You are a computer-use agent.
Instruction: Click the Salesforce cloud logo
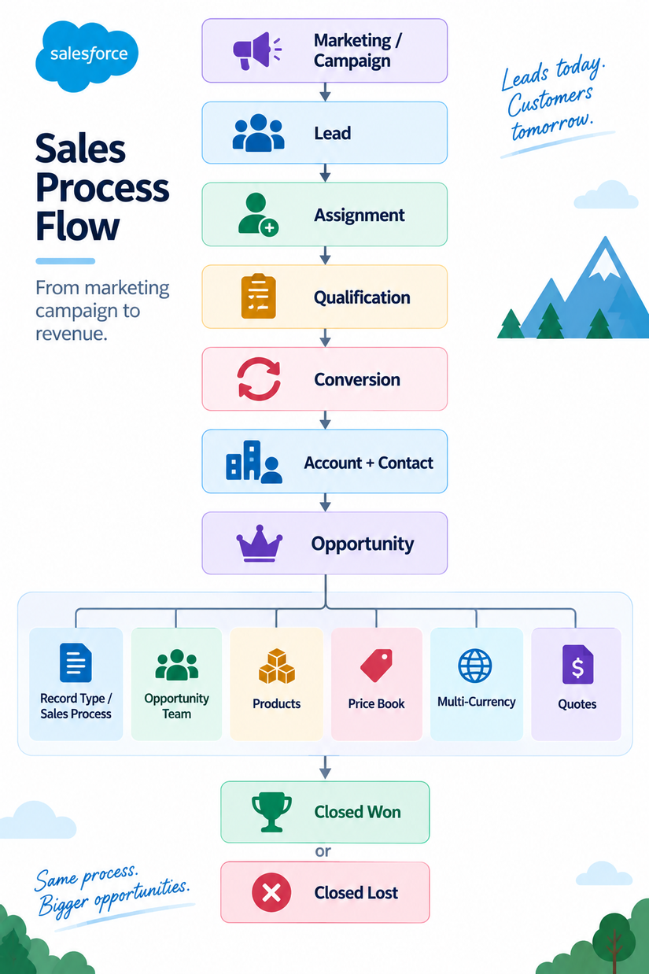click(87, 56)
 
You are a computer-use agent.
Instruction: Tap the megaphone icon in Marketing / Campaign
click(257, 51)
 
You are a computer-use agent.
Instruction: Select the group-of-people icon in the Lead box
click(258, 133)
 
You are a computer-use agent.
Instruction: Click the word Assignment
click(359, 216)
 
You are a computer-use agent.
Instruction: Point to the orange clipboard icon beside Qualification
click(258, 296)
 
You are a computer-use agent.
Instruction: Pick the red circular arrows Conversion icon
click(259, 378)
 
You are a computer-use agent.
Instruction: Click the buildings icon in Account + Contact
click(254, 462)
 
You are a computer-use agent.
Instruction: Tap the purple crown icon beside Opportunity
click(259, 544)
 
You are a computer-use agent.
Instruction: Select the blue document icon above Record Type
click(76, 662)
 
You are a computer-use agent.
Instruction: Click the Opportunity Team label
click(176, 707)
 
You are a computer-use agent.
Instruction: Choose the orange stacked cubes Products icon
click(276, 666)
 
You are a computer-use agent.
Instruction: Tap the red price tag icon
click(377, 666)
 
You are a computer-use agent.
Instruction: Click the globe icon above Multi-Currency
click(474, 666)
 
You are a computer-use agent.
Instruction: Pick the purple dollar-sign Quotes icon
click(577, 664)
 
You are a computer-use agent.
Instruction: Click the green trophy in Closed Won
click(271, 812)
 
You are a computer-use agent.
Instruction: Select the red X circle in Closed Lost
click(271, 892)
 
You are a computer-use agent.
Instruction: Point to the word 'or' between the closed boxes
click(323, 851)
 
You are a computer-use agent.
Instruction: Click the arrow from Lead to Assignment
click(325, 173)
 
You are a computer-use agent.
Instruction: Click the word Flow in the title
click(77, 226)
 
